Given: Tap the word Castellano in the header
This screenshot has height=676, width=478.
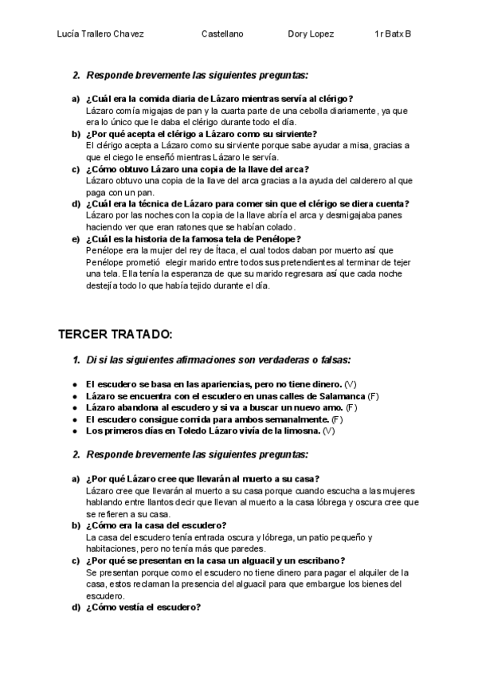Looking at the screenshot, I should click(222, 35).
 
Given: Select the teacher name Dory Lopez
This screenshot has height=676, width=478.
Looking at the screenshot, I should click(311, 35).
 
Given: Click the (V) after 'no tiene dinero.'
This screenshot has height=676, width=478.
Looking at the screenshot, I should click(351, 384).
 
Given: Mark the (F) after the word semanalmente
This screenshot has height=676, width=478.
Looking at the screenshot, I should click(337, 419).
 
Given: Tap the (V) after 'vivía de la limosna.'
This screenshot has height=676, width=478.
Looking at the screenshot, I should click(330, 430).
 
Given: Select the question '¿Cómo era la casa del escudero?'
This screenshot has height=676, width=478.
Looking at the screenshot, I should click(156, 525).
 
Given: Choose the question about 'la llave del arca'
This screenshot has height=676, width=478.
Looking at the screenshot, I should click(197, 169).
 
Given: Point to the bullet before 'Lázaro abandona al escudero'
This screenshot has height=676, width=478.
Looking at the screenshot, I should click(74, 407).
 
